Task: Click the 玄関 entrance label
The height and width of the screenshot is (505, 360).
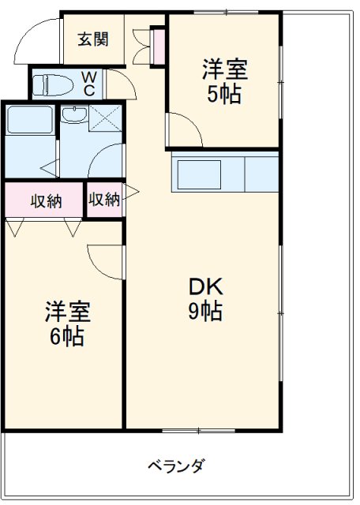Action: tap(92, 39)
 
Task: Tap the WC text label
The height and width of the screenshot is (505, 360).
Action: tap(89, 83)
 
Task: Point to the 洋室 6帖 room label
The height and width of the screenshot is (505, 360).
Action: tap(67, 324)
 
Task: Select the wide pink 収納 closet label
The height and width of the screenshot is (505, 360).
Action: tap(45, 200)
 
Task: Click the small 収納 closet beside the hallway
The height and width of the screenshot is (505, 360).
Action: tap(104, 200)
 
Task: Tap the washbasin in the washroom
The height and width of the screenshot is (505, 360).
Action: tap(74, 116)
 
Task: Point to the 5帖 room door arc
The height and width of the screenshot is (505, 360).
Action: tap(179, 126)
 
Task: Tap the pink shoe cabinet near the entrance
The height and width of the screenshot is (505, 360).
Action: tap(157, 46)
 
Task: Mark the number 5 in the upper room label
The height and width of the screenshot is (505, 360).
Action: tap(214, 95)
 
